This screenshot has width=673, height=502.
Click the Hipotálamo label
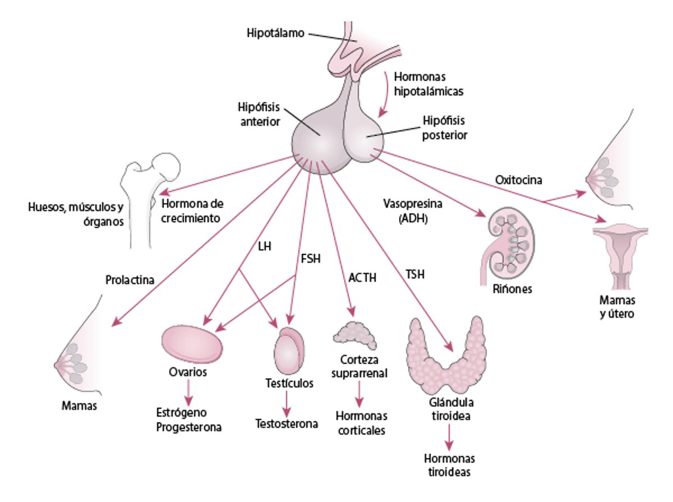[x=275, y=33]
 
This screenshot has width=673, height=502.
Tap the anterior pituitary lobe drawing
[x=320, y=140]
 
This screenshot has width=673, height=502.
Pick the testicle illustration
[x=289, y=349]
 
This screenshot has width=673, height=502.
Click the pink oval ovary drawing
[x=191, y=346]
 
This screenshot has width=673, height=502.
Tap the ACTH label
[x=362, y=277]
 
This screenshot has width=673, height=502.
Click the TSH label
[x=416, y=275]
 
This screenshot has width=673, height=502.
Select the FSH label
[x=311, y=259]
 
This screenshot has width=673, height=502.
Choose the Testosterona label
[x=287, y=423]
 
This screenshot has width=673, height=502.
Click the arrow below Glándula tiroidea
[x=448, y=436]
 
